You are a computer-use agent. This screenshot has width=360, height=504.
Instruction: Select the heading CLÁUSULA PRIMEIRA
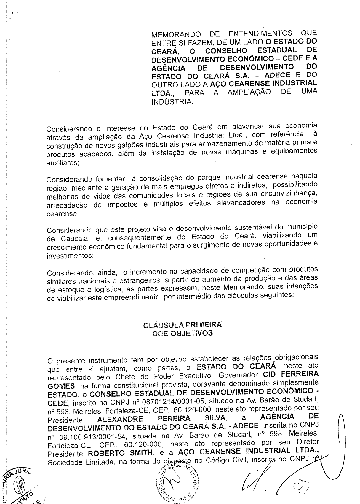pyautogui.click(x=182, y=325)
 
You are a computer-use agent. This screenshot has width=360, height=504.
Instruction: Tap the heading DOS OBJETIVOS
pyautogui.click(x=182, y=333)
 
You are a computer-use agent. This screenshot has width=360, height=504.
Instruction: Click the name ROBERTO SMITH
pyautogui.click(x=120, y=453)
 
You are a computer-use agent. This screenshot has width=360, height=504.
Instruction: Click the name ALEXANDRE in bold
pyautogui.click(x=120, y=419)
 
